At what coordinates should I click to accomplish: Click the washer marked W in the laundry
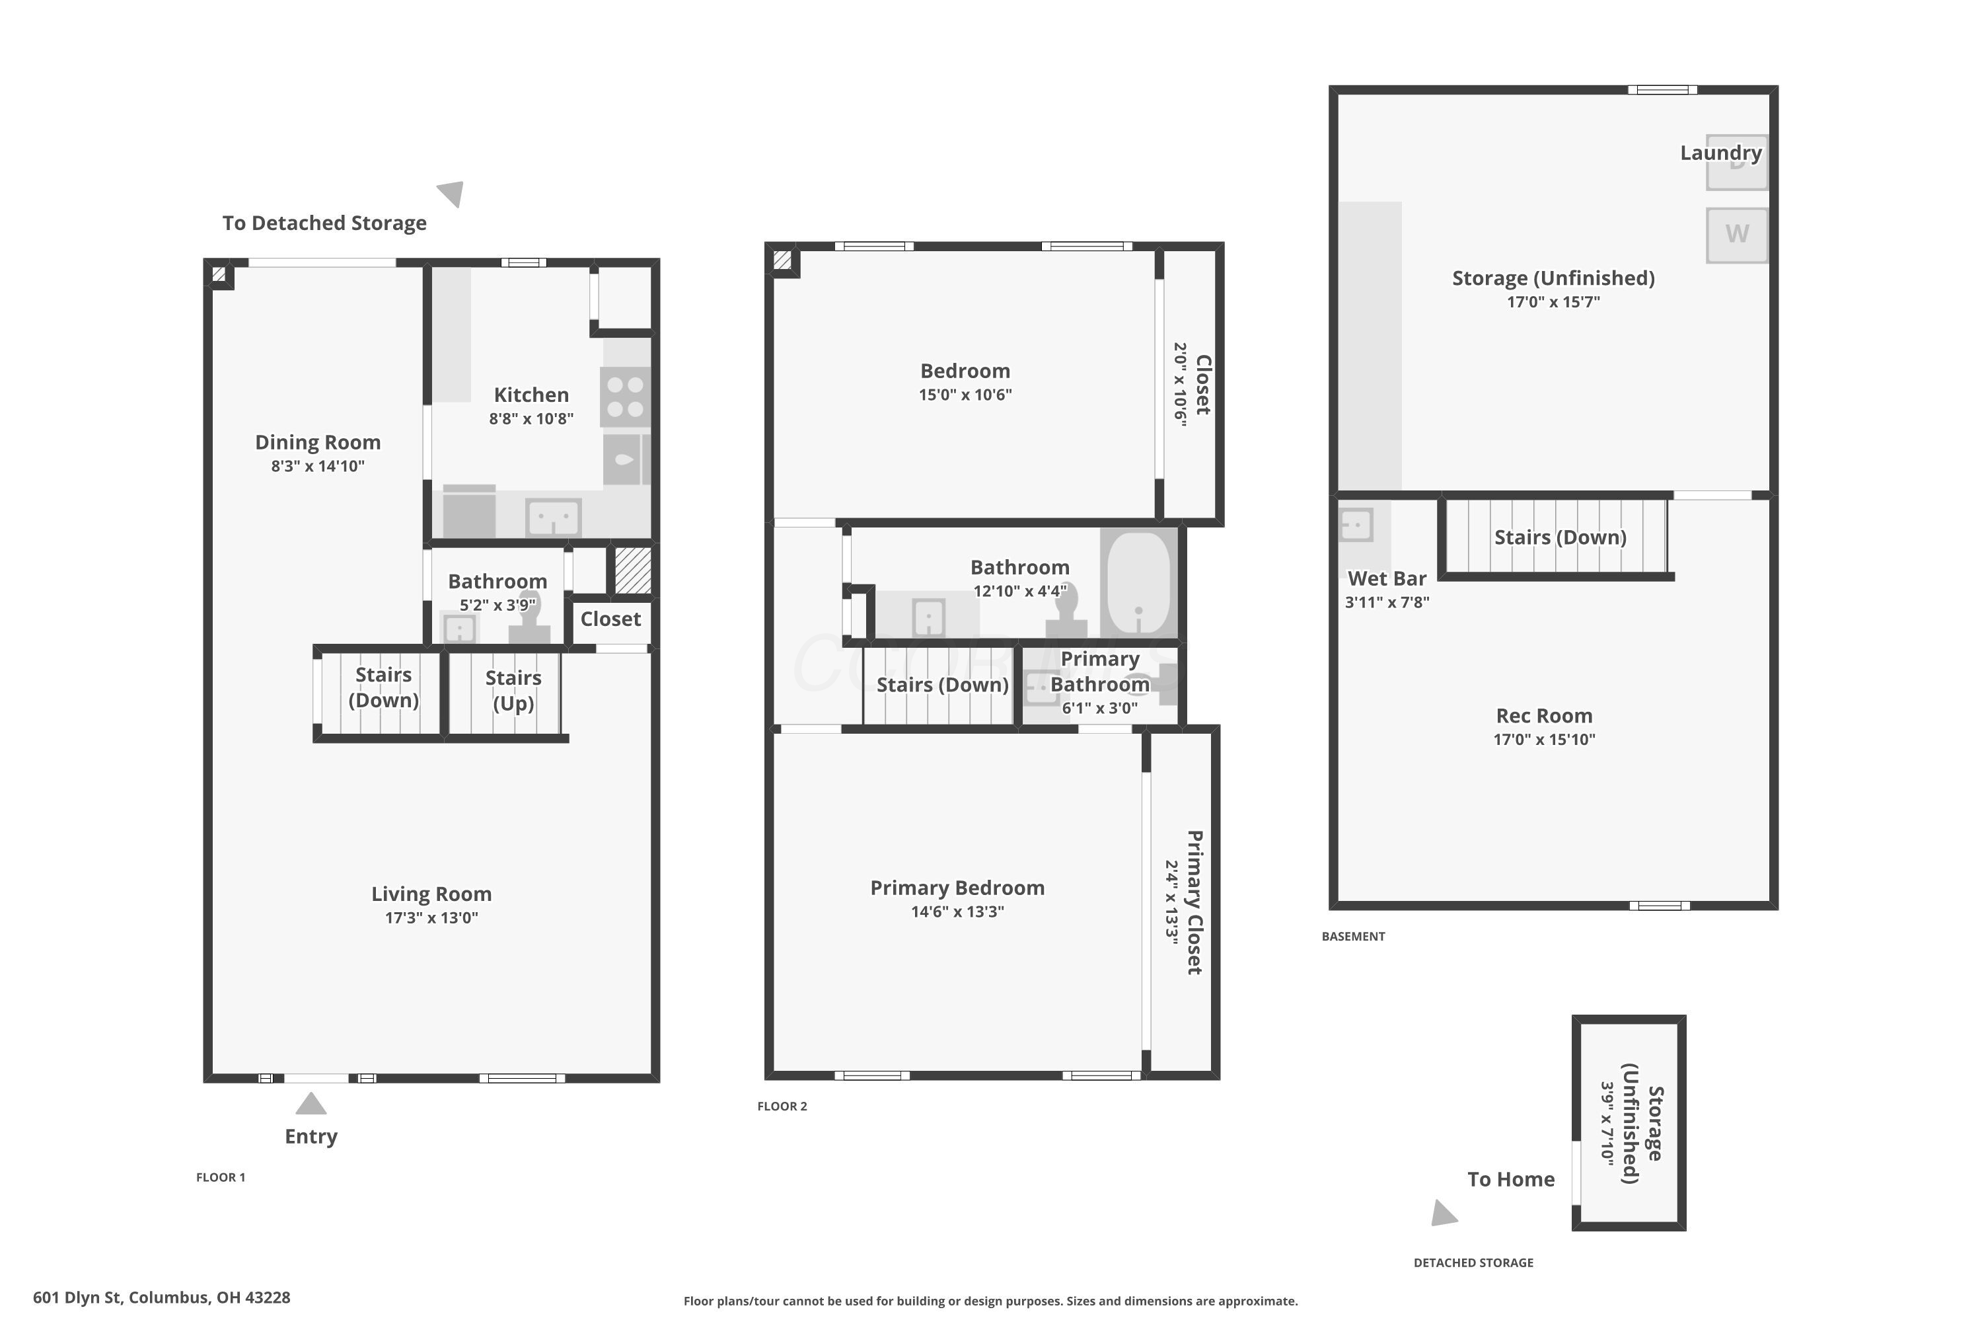1737,235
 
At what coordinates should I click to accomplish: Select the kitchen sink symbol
553,517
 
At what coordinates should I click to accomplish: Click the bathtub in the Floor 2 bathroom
1138,582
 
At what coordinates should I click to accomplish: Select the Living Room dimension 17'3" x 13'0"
431,917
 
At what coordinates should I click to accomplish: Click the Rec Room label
1544,716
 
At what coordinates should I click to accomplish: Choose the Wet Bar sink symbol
1356,524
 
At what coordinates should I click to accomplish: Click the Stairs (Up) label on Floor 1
513,691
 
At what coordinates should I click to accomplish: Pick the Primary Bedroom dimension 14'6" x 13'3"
957,911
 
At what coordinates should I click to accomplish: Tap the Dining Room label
318,443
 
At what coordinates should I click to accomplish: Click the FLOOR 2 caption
782,1106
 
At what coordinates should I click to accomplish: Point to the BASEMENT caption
1352,936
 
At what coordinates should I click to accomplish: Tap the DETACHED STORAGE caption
1473,1262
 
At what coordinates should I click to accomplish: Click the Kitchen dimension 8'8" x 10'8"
531,418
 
